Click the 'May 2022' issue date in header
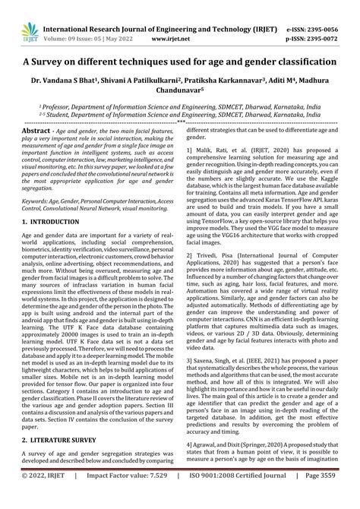click(x=129, y=24)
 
